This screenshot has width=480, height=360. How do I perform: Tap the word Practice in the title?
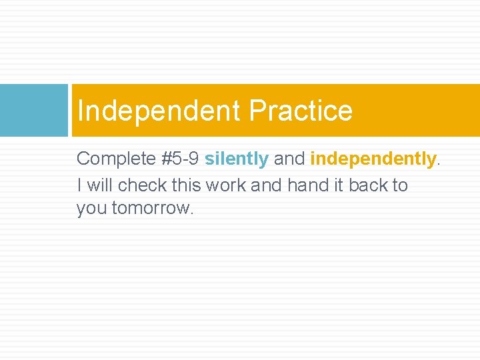point(301,111)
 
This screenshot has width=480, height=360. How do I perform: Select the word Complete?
point(115,159)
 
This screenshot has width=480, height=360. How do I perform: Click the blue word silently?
point(237,159)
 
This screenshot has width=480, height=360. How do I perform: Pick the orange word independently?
point(373,159)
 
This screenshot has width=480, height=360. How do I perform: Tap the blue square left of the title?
point(34,110)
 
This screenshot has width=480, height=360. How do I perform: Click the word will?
point(99,185)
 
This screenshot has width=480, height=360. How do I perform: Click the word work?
point(226,185)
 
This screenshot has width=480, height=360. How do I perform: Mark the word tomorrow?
point(153,209)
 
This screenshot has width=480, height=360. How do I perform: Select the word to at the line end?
point(400,185)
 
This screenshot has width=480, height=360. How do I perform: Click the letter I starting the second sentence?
point(79,185)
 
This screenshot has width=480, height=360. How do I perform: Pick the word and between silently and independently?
point(289,159)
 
